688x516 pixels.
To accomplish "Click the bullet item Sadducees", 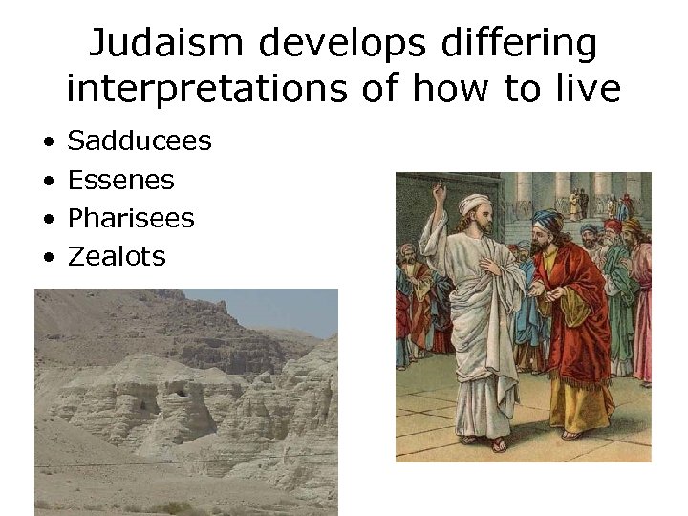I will click(140, 141).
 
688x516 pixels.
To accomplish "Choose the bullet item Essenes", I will click(121, 180).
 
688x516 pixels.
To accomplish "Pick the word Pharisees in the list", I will click(131, 218).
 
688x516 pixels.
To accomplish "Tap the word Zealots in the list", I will click(117, 256).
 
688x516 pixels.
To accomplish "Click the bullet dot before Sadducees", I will click(47, 142).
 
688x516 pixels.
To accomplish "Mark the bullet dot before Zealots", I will click(47, 257).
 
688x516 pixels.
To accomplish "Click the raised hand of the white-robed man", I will click(441, 196).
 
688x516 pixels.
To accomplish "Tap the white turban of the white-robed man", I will click(475, 204).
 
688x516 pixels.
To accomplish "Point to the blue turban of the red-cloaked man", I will click(548, 222).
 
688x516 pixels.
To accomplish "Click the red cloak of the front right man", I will click(578, 315).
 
